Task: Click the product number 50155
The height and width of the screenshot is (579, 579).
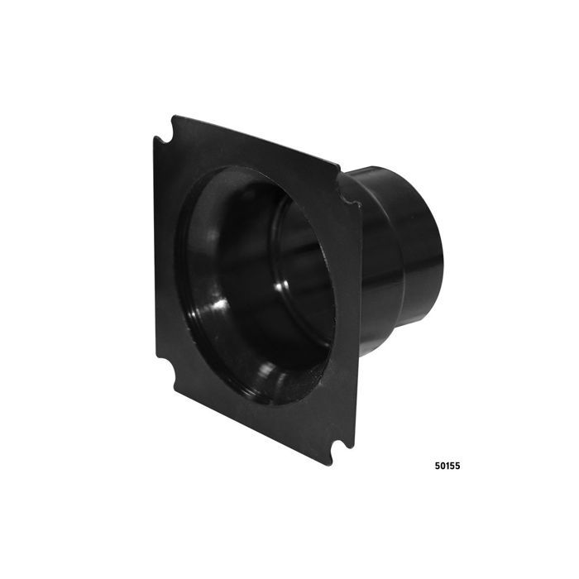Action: [x=447, y=466]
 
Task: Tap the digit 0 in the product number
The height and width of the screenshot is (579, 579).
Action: [x=443, y=466]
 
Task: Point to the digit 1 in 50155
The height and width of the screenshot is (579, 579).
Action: [x=447, y=466]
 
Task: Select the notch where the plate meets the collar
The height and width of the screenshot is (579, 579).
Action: [x=348, y=199]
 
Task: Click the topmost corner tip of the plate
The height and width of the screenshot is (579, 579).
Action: [x=174, y=117]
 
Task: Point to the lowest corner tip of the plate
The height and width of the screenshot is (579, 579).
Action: [x=328, y=464]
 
